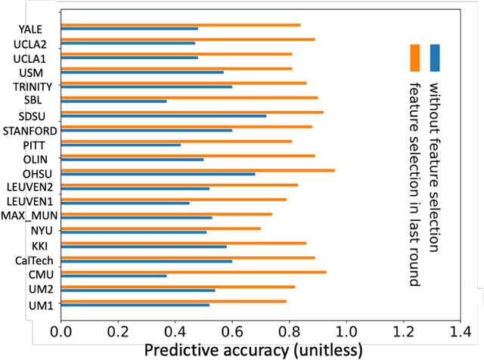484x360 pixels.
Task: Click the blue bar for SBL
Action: coord(113,101)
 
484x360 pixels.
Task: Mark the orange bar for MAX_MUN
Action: coord(166,213)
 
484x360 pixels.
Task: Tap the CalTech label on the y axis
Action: coord(34,260)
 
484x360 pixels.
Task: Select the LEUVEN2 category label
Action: coord(31,187)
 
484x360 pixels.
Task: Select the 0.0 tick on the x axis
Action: coord(60,331)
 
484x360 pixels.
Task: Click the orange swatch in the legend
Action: coord(414,57)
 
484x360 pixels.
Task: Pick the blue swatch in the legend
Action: coord(435,57)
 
